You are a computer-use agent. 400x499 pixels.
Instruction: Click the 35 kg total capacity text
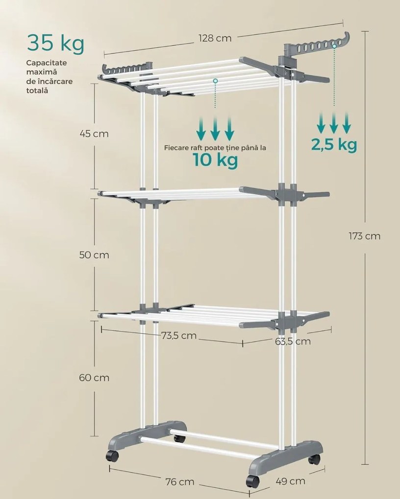tap(56, 44)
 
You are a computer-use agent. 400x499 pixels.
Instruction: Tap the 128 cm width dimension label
tap(215, 38)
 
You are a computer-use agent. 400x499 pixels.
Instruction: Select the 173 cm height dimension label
tap(365, 236)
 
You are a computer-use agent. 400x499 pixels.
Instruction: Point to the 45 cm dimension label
tap(94, 134)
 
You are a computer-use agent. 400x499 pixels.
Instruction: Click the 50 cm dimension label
tap(94, 255)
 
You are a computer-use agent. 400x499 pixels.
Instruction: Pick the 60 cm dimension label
tap(94, 378)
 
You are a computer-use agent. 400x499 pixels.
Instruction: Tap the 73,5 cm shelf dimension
tap(178, 336)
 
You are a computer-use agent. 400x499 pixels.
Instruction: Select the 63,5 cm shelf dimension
tap(293, 341)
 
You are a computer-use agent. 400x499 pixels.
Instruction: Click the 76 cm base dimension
tap(180, 482)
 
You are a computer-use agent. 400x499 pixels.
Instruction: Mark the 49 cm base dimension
tap(290, 481)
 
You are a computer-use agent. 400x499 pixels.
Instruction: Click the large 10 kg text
tap(215, 160)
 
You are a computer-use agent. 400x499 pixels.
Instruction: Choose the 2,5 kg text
tap(334, 145)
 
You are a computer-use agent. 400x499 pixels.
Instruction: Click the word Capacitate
tap(47, 63)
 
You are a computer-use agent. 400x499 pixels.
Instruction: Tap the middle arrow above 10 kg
tap(215, 129)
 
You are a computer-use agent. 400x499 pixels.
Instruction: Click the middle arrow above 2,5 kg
tap(334, 122)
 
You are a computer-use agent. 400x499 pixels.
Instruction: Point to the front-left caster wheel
tap(112, 456)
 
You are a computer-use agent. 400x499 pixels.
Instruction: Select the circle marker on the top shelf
tap(215, 81)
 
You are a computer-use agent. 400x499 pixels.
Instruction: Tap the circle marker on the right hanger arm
tap(334, 46)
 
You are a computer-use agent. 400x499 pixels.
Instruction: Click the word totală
tap(37, 91)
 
